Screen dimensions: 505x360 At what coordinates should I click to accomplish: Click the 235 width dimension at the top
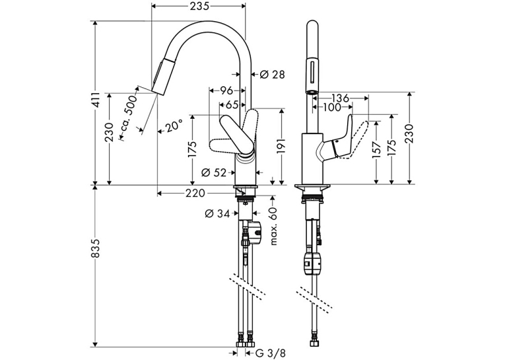[199, 6]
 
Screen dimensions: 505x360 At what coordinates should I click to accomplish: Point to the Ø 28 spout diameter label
[272, 75]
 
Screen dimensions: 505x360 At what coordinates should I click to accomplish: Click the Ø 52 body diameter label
[214, 173]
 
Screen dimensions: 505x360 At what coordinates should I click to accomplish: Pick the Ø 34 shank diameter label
[218, 213]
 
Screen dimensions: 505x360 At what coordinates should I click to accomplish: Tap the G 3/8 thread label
[270, 353]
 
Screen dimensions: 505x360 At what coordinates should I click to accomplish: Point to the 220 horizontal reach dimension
[195, 193]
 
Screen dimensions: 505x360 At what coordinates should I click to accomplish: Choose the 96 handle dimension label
[226, 91]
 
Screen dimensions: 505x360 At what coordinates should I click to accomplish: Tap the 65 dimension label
[232, 105]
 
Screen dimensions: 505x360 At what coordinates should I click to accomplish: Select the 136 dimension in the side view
[340, 98]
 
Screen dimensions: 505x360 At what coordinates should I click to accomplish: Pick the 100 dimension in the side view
[331, 107]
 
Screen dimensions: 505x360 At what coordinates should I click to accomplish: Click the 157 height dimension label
[376, 150]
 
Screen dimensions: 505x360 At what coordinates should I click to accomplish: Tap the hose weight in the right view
[312, 263]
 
